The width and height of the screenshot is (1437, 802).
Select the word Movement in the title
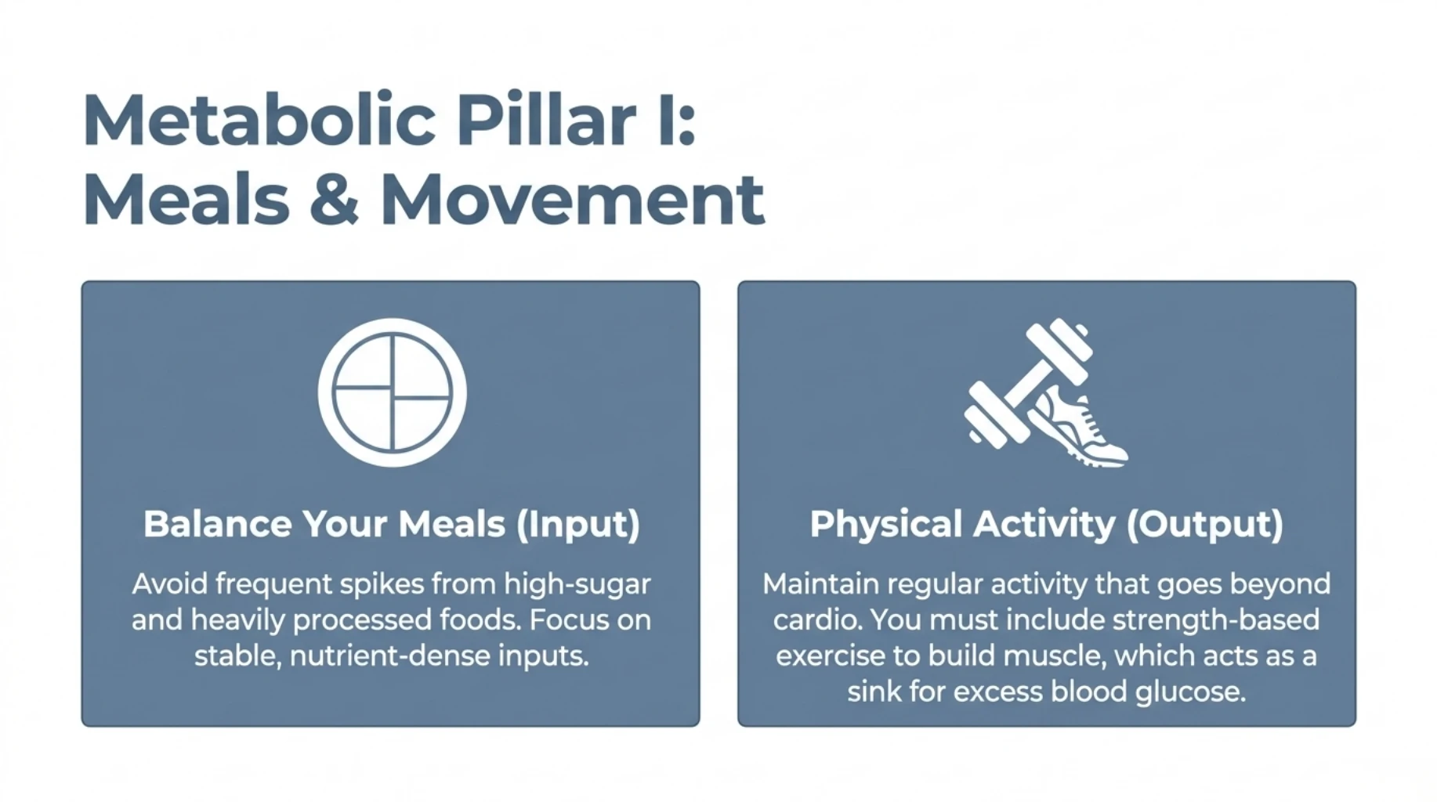point(572,200)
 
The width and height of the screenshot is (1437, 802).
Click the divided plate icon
point(392,392)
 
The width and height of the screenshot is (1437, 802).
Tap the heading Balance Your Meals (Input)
point(391,524)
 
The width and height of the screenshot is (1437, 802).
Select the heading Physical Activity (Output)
point(1046,524)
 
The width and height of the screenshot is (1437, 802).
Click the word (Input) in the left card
point(578,524)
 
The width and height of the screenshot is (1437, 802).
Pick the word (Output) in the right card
point(1204,524)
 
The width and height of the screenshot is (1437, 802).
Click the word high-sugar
point(577,584)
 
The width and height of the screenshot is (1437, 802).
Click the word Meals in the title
point(186,200)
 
